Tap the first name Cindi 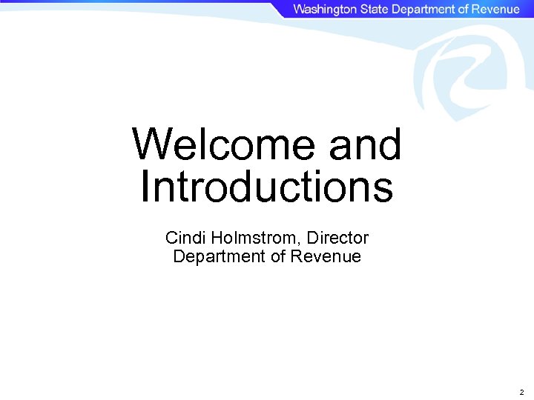pos(185,238)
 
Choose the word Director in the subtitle pos(337,238)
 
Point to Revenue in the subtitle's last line pos(326,257)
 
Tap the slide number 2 pos(521,392)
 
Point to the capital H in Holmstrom pos(217,238)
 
